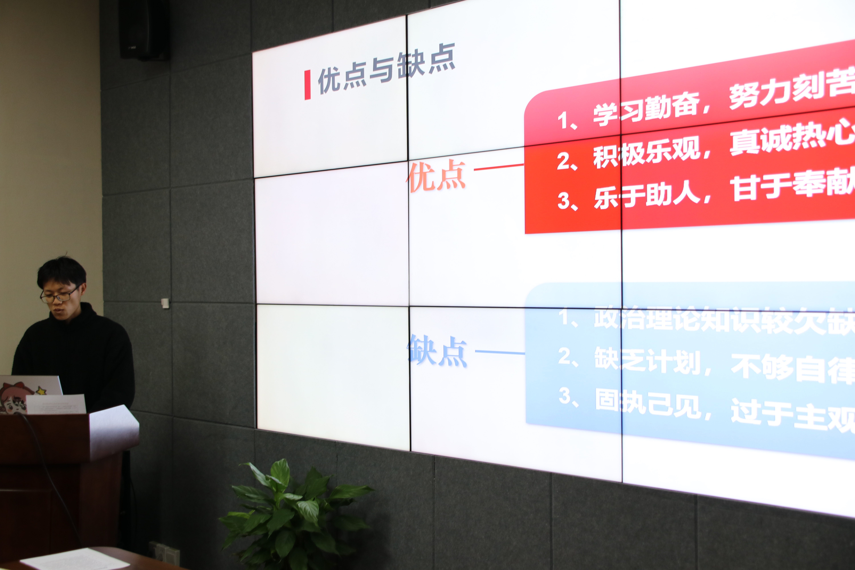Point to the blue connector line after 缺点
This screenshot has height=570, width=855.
tap(500, 352)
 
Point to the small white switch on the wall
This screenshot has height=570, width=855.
tap(165, 302)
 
